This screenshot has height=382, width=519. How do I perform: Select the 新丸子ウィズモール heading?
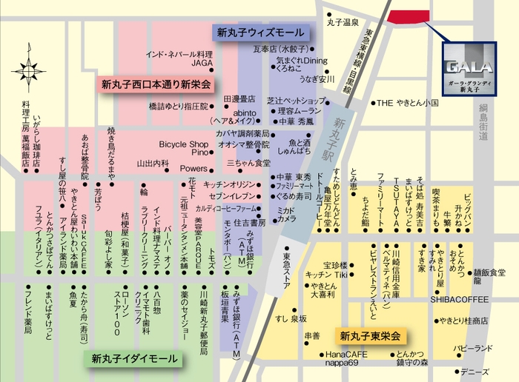coord(260,33)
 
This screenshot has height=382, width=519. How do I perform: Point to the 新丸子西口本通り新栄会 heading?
coord(156,84)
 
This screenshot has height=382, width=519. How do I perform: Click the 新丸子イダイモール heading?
coord(135,359)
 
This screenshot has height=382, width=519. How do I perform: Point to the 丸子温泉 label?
coord(343,23)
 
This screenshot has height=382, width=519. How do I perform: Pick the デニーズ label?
coord(475,371)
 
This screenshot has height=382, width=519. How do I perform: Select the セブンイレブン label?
coord(232,196)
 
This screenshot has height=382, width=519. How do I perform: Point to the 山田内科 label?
coord(153,164)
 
